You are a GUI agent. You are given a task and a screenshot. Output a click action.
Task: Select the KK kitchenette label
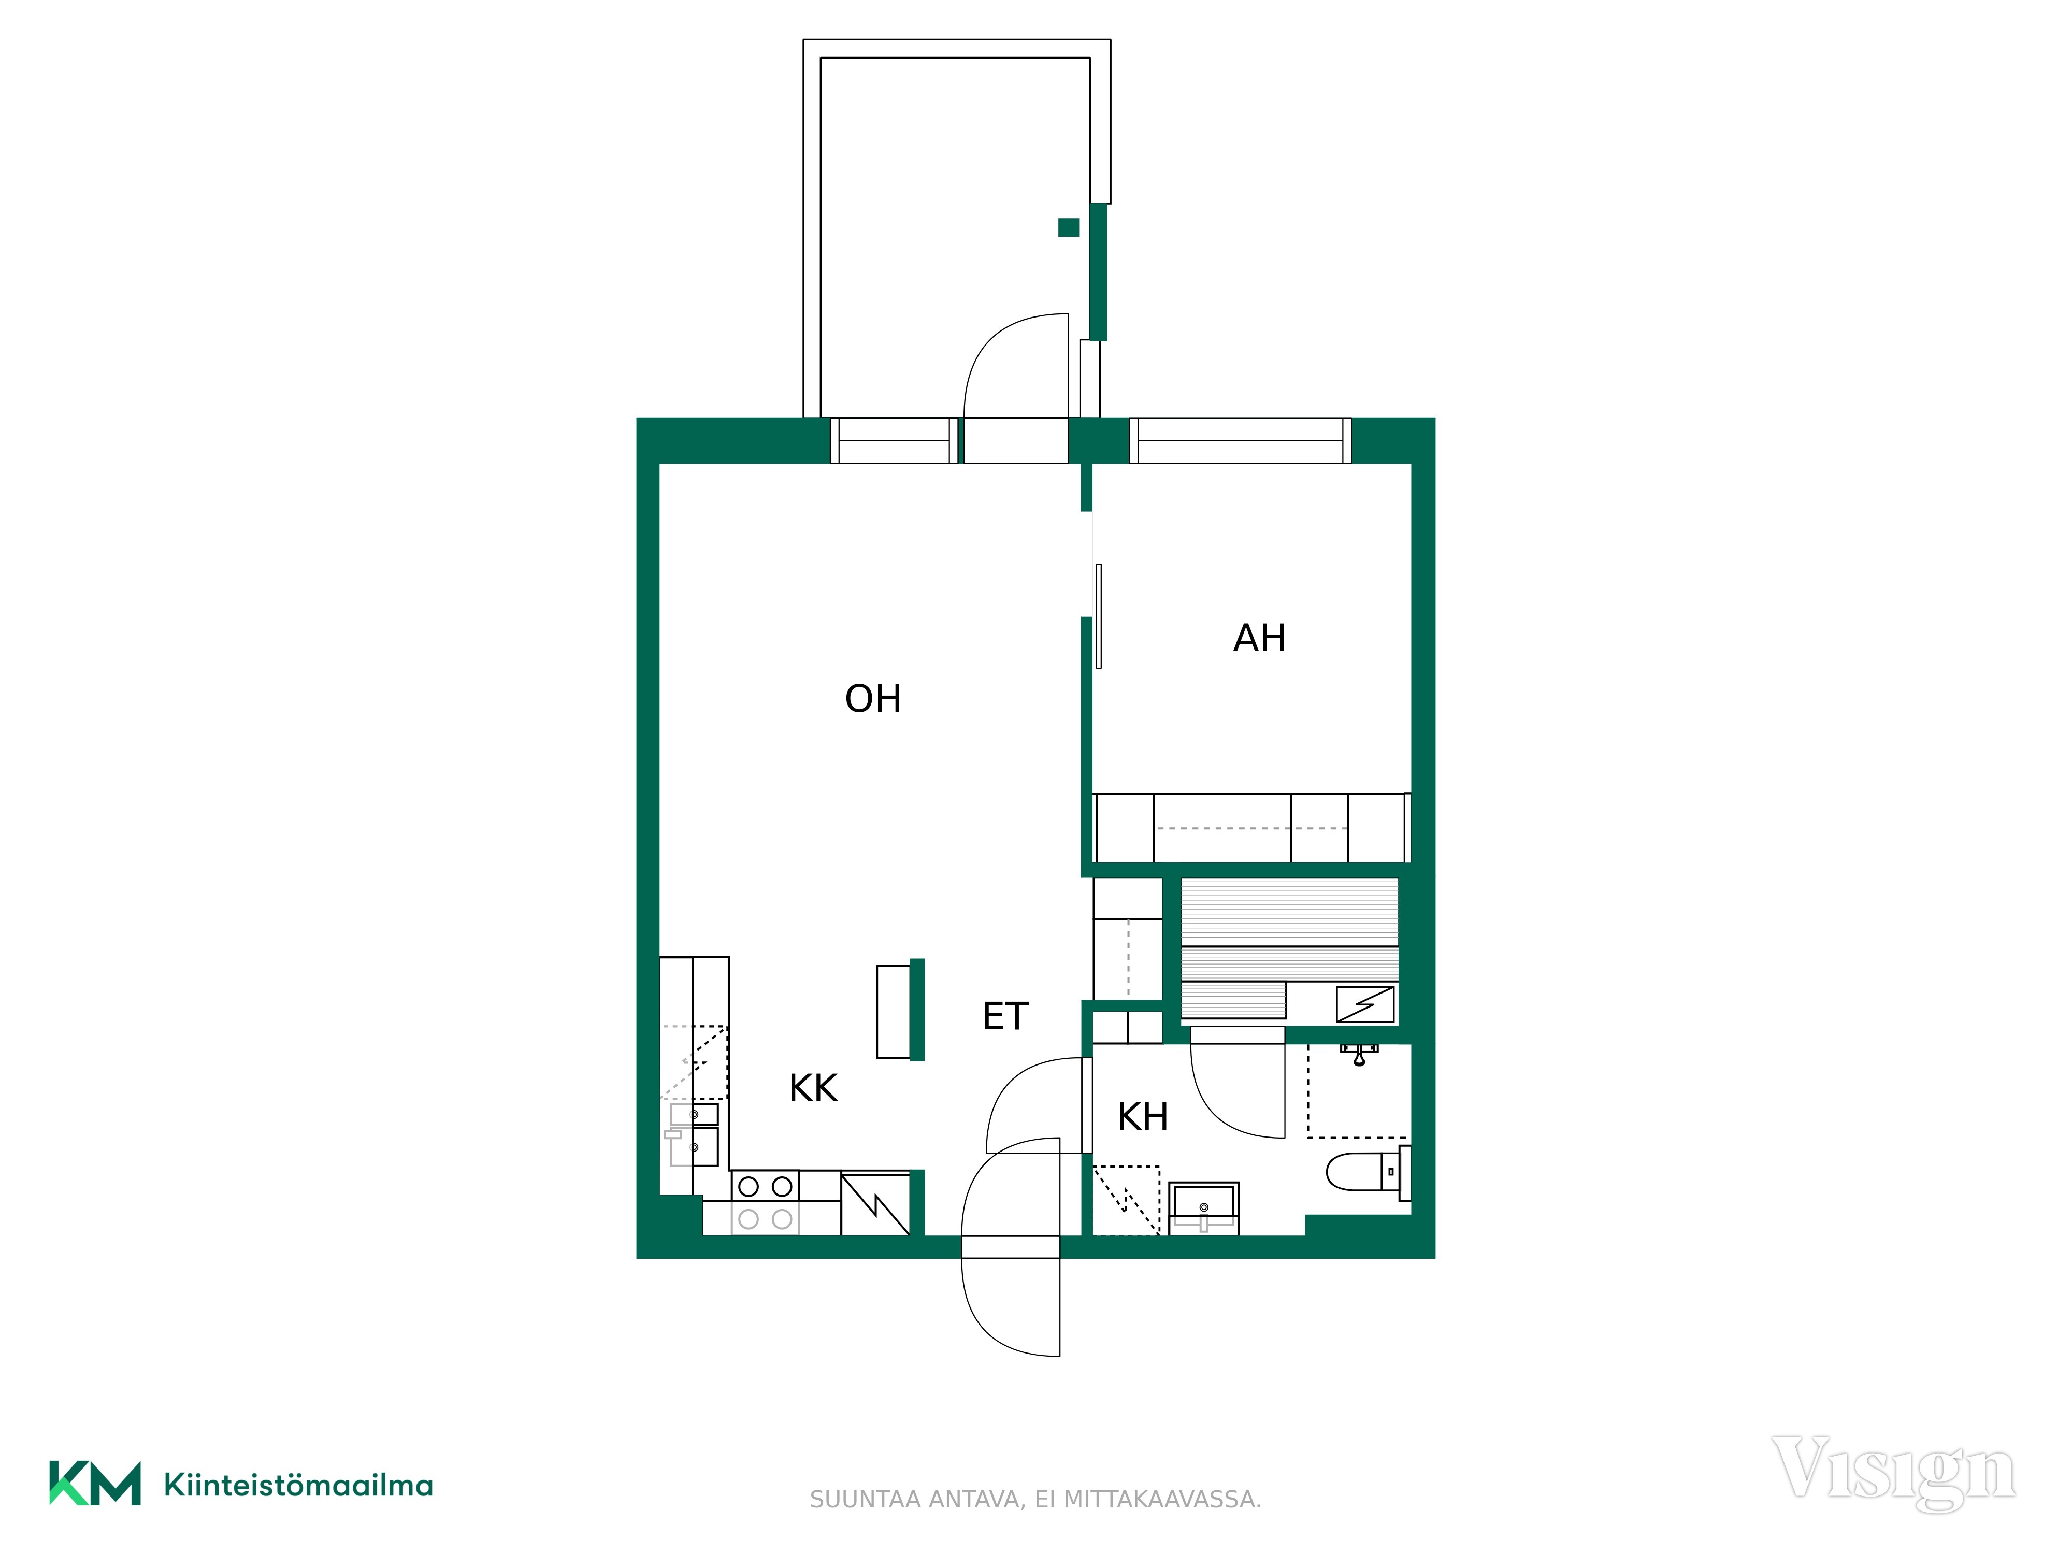pos(813,1088)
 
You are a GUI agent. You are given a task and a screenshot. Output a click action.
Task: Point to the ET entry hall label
pos(1005,1016)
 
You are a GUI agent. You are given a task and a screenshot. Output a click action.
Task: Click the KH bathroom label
pos(1143,1117)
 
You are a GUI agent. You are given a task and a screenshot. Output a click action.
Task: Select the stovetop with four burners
pos(765,1203)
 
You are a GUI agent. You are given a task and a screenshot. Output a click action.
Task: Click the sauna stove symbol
pos(1365,1005)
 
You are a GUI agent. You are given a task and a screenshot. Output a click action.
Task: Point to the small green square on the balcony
pos(1069,227)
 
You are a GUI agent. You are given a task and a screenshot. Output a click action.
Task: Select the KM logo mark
pos(95,1483)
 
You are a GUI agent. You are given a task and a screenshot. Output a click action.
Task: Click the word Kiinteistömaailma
pos(298,1486)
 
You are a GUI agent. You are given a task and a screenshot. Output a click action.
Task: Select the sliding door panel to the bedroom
pos(1099,616)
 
